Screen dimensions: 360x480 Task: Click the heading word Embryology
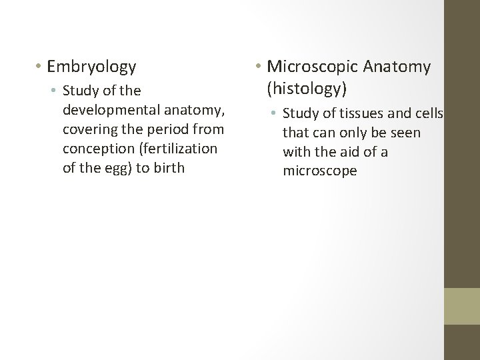click(92, 67)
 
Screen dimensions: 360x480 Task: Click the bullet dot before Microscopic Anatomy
click(259, 67)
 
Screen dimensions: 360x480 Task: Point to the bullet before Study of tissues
click(275, 113)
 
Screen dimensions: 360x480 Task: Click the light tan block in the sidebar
click(462, 306)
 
